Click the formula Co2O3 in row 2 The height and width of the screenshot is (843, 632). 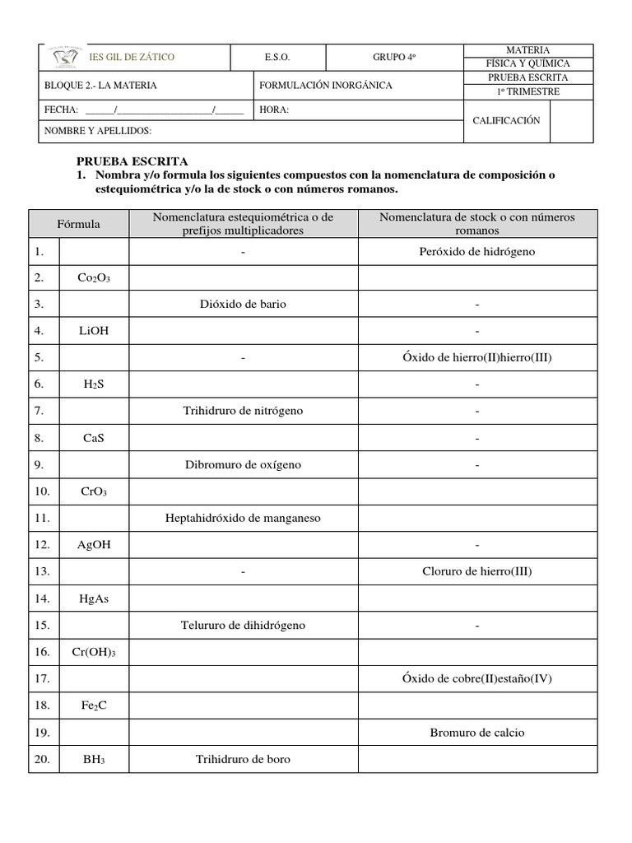[x=94, y=278]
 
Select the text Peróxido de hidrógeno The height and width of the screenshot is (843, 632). [x=476, y=252]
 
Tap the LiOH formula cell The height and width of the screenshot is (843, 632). [x=95, y=331]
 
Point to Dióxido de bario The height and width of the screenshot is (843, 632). [x=243, y=305]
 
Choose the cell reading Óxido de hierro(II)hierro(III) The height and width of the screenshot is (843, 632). [x=476, y=357]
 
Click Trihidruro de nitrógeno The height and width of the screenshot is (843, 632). [x=243, y=410]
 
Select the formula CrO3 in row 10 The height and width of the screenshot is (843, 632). [x=94, y=492]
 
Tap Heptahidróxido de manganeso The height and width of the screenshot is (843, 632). [x=243, y=518]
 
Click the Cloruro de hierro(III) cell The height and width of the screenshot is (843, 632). [x=476, y=571]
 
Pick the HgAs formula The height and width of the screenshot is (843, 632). [x=95, y=598]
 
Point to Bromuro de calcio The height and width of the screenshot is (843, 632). [x=476, y=732]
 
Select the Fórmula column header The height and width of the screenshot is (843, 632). [x=78, y=224]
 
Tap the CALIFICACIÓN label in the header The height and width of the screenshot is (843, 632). [x=506, y=120]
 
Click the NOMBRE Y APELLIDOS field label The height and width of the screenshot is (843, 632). [x=97, y=131]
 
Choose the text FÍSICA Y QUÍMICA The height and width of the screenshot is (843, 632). [x=529, y=63]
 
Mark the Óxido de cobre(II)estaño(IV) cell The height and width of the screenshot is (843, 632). [x=476, y=678]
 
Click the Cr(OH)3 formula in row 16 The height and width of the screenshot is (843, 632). [x=94, y=653]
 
